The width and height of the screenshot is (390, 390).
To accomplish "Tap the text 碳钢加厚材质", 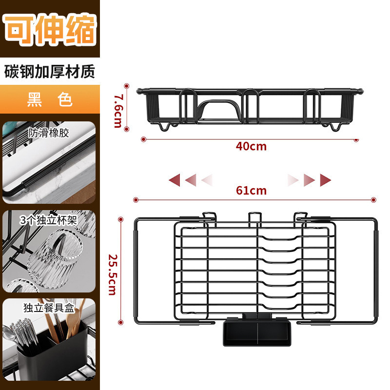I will (x=50, y=71).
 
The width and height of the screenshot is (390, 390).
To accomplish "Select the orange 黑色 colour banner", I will (x=50, y=99).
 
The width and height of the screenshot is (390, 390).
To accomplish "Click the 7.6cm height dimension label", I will (x=117, y=110).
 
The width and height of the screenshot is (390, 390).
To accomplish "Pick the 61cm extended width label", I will (x=251, y=191).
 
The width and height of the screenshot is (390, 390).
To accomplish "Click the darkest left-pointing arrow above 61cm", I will (x=174, y=180).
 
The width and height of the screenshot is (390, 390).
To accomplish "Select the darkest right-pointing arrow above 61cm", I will (x=325, y=180).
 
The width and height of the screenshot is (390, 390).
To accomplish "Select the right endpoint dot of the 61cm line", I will (x=373, y=199).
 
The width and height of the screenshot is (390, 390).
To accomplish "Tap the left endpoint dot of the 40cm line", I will (x=143, y=139).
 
